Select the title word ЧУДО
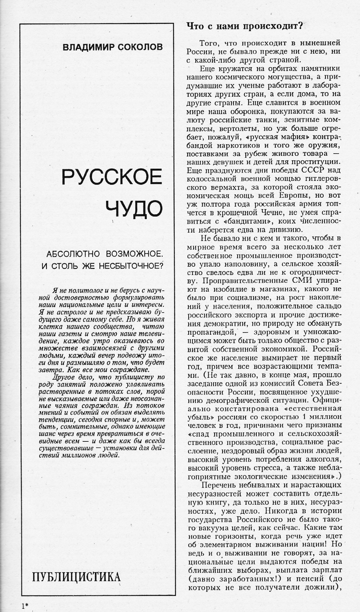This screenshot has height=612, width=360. pyautogui.click(x=134, y=209)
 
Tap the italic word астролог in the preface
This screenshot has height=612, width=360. pyautogui.click(x=72, y=312)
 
